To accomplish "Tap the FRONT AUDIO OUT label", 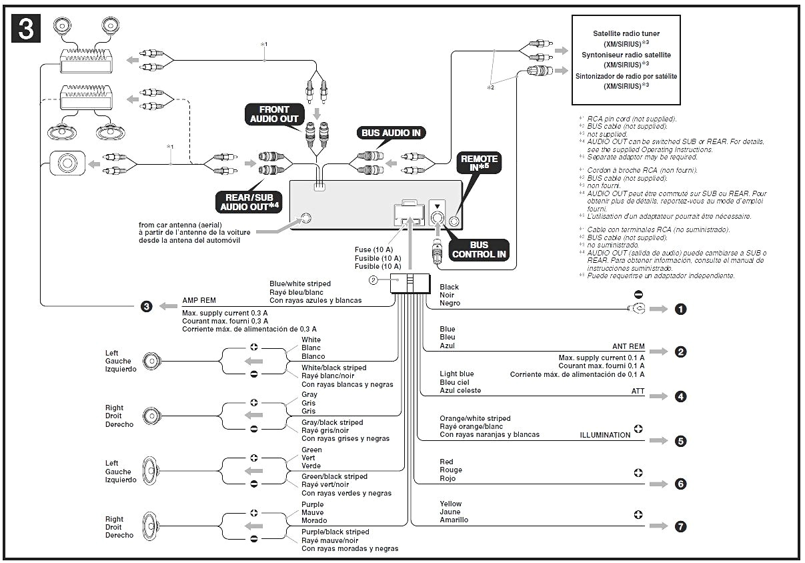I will [274, 114].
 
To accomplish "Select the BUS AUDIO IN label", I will [391, 133].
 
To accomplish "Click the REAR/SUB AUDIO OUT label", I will [248, 201].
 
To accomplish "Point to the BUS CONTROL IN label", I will [479, 249].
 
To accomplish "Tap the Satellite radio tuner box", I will [626, 59].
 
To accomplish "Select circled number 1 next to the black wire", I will [680, 309].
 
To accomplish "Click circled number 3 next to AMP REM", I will [147, 307].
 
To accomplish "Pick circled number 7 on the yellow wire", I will [680, 526].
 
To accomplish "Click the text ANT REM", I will [628, 347].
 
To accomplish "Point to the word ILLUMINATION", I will [605, 435].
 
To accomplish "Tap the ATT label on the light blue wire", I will [638, 391].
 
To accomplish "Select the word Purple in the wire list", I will [313, 504].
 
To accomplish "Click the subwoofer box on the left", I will [67, 163].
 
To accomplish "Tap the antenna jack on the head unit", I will [306, 218].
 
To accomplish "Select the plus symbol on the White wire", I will [253, 347].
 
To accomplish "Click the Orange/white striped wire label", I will [475, 418].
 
